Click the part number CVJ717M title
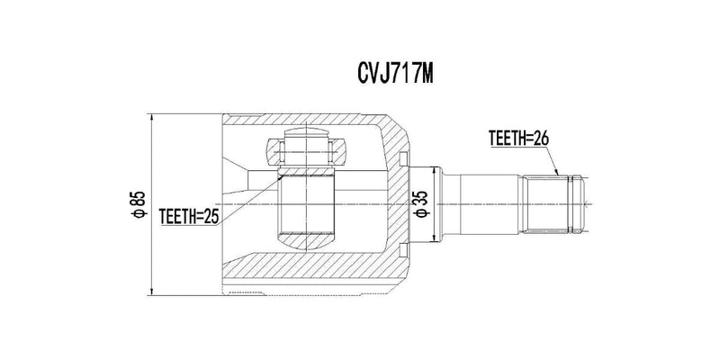(x=395, y=74)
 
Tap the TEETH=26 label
(x=519, y=138)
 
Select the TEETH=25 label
(x=188, y=215)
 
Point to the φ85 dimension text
(x=139, y=204)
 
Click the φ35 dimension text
(x=421, y=204)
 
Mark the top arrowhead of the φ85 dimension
(x=151, y=118)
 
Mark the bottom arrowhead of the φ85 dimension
(x=151, y=292)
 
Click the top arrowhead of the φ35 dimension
(x=435, y=171)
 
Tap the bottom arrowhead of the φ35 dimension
(x=435, y=238)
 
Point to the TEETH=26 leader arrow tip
(x=558, y=175)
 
